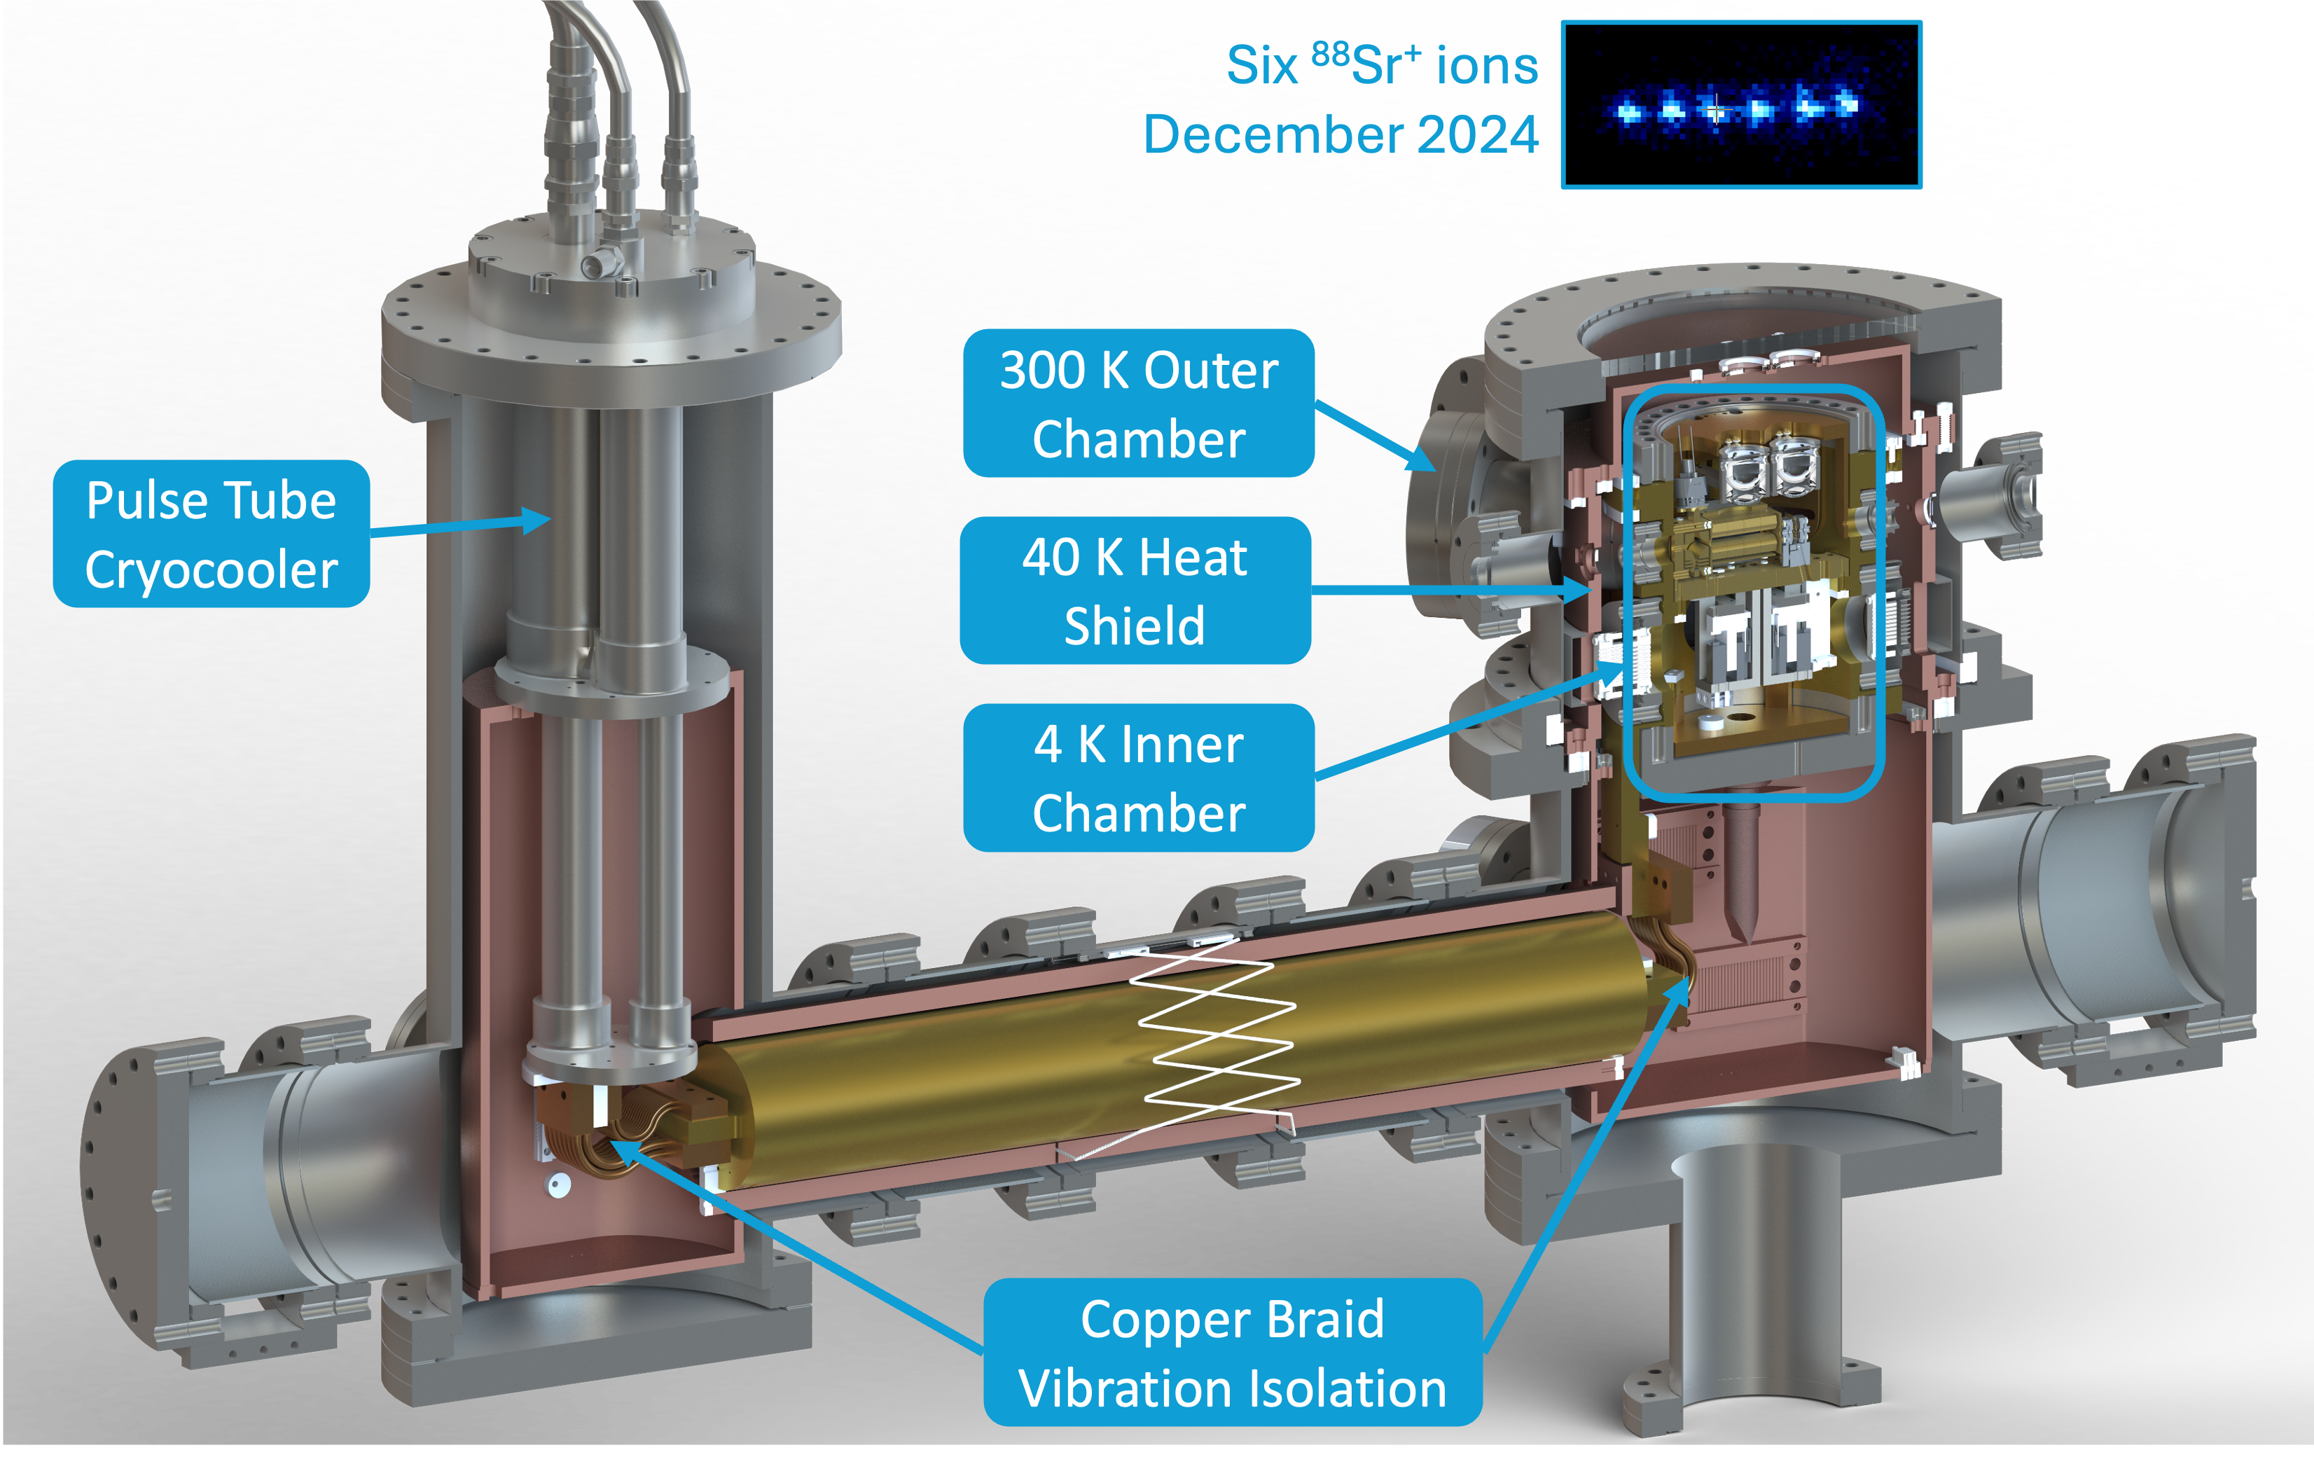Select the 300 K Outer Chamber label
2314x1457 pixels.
pyautogui.click(x=1139, y=403)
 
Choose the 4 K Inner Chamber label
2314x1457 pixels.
pyautogui.click(x=1139, y=778)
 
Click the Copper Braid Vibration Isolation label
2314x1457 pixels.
pyautogui.click(x=1232, y=1352)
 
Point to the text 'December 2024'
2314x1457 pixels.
pyautogui.click(x=1340, y=134)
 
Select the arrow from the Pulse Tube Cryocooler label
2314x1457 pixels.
pyautogui.click(x=462, y=526)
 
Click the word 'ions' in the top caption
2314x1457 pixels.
pyautogui.click(x=1487, y=65)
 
